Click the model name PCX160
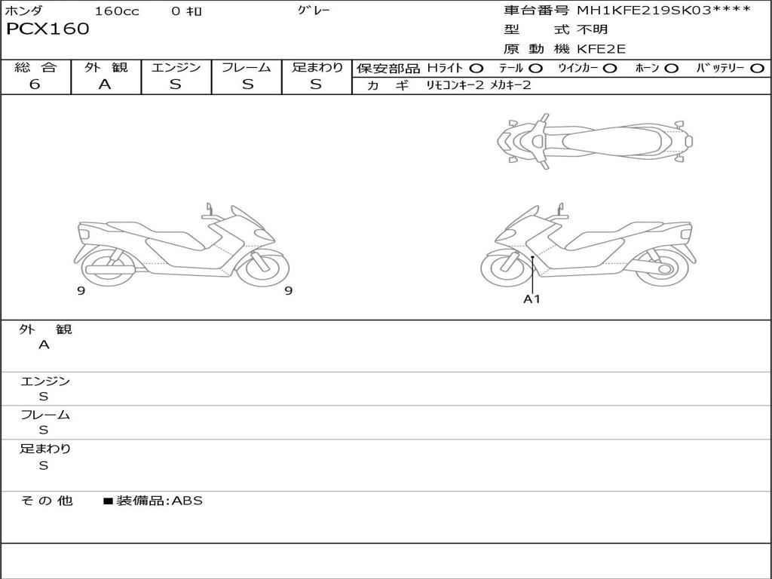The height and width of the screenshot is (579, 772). click(47, 29)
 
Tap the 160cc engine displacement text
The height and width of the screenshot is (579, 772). click(117, 11)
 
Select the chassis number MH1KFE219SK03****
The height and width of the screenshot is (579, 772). click(664, 9)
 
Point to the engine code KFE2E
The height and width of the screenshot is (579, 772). click(601, 49)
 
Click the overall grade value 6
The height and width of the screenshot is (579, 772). click(35, 84)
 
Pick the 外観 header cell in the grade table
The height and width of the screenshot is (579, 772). click(106, 67)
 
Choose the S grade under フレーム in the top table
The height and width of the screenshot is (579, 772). click(247, 84)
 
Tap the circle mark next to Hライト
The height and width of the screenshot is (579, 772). click(476, 68)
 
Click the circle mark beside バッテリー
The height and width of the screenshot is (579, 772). click(758, 68)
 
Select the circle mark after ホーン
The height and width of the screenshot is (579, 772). click(672, 68)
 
